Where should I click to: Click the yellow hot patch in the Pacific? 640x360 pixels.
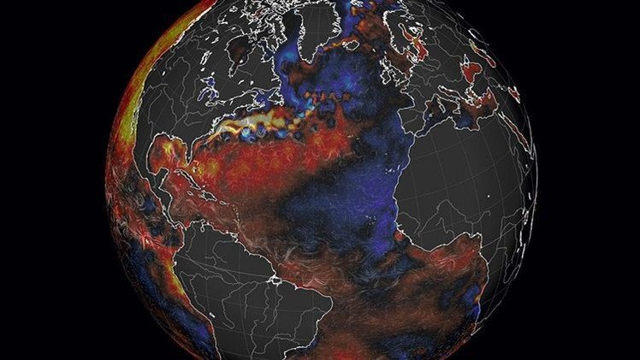128,120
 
